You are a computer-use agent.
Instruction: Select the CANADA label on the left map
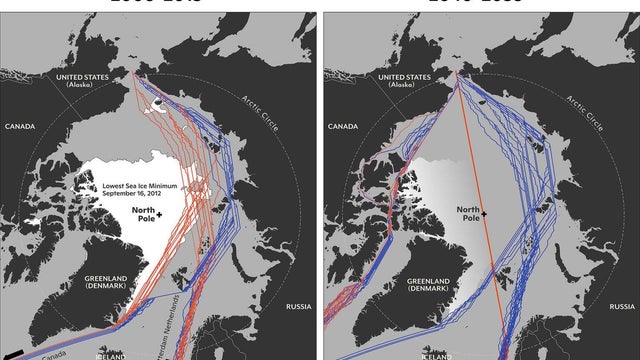[23, 127]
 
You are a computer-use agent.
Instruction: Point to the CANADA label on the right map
[343, 127]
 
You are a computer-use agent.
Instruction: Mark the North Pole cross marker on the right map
[483, 213]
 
